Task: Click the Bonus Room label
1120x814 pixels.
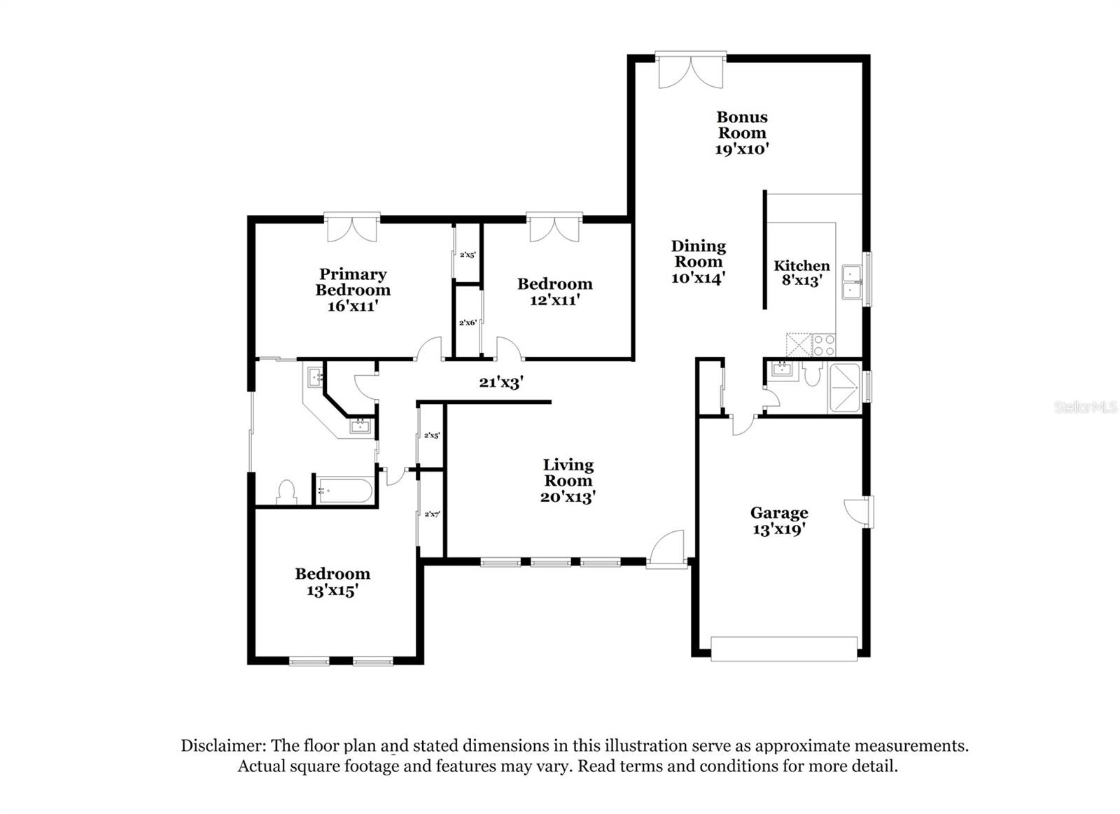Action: (741, 125)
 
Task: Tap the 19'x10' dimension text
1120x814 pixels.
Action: (741, 149)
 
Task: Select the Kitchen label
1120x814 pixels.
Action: (801, 265)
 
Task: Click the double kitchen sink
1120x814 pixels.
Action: (852, 282)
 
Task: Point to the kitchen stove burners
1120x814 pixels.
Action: (824, 344)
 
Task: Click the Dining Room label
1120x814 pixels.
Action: (698, 253)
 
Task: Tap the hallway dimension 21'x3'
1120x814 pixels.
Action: (501, 383)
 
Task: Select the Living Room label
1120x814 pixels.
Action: (568, 472)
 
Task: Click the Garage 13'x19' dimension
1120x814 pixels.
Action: (778, 530)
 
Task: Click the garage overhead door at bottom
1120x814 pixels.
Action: (784, 648)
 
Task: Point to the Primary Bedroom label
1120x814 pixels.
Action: (353, 281)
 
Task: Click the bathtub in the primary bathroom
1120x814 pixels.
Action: (344, 491)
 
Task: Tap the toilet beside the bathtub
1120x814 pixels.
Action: (286, 491)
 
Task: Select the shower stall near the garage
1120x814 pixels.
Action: (844, 388)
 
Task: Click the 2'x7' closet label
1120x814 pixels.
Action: (432, 514)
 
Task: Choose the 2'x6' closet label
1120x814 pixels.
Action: (468, 323)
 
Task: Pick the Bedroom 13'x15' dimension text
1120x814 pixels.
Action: (332, 591)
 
